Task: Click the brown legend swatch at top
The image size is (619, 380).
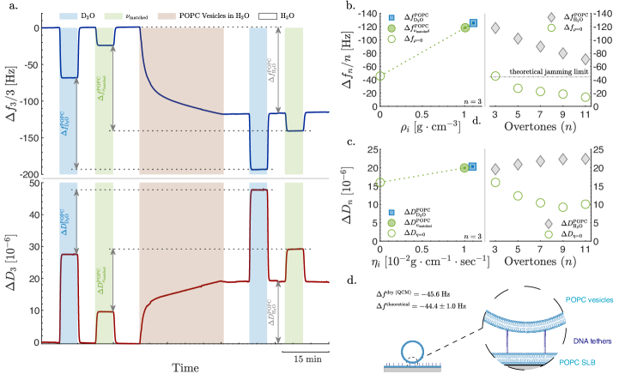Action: pyautogui.click(x=167, y=16)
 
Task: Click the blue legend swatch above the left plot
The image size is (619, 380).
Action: pyautogui.click(x=69, y=16)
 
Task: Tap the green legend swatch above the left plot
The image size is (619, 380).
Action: pyautogui.click(x=112, y=16)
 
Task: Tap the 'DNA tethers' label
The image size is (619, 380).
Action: pyautogui.click(x=593, y=341)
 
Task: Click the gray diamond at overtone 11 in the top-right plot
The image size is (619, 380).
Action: pyautogui.click(x=585, y=60)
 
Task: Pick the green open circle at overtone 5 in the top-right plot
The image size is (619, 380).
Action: pyautogui.click(x=518, y=88)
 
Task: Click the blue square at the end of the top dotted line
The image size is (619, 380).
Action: pyautogui.click(x=472, y=23)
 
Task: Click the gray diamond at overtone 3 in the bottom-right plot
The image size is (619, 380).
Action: pyautogui.click(x=495, y=169)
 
